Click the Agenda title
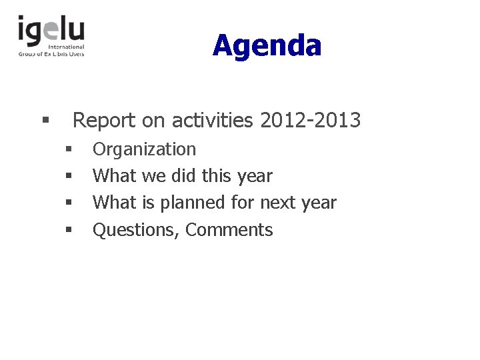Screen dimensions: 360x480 pyautogui.click(x=267, y=46)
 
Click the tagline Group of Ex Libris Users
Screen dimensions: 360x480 pyautogui.click(x=51, y=53)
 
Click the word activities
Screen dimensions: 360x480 pyautogui.click(x=212, y=121)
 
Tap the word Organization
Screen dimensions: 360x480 pyautogui.click(x=144, y=149)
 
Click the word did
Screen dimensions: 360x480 pyautogui.click(x=184, y=176)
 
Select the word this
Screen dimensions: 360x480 pyautogui.click(x=217, y=176)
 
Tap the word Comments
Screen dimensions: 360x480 pyautogui.click(x=229, y=230)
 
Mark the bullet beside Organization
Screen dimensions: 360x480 pyautogui.click(x=68, y=149)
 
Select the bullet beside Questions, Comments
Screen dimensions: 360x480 pyautogui.click(x=68, y=230)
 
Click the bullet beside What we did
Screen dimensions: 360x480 pyautogui.click(x=68, y=176)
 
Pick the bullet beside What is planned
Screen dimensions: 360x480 pyautogui.click(x=68, y=203)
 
